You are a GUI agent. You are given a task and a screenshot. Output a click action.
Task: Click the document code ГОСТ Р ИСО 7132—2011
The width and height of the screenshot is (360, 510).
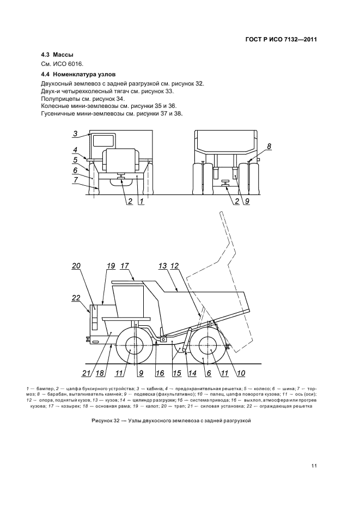tap(282, 39)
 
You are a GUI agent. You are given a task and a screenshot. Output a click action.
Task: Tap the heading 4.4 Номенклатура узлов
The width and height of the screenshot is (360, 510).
tap(78, 74)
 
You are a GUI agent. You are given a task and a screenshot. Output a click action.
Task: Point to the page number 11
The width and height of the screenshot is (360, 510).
tap(314, 465)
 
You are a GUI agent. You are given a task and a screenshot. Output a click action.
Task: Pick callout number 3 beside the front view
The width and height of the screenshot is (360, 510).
tap(76, 132)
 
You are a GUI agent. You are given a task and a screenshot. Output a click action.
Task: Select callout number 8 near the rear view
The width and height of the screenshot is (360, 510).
tap(269, 146)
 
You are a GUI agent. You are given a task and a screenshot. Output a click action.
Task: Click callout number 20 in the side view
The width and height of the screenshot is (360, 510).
tap(76, 266)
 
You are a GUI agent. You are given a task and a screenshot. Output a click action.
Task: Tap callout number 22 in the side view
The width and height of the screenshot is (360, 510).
tap(76, 297)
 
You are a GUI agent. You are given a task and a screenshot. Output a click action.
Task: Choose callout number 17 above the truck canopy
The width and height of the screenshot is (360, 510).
tap(124, 266)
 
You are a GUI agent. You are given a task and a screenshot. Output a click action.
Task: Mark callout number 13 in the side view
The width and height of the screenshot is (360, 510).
tap(162, 266)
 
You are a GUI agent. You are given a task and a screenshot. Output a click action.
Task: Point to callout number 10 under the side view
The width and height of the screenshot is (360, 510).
tap(240, 373)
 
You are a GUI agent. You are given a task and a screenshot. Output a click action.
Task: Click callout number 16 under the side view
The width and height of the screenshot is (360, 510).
tap(160, 373)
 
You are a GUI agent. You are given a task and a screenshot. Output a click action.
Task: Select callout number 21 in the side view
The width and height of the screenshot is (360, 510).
tap(85, 373)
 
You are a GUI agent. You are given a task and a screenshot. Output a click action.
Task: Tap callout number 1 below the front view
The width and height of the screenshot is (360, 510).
tap(141, 202)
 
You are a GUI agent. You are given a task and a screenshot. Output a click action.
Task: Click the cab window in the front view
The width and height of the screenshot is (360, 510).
tap(105, 140)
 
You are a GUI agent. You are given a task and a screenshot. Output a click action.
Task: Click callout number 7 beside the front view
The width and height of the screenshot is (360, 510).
tap(76, 179)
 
